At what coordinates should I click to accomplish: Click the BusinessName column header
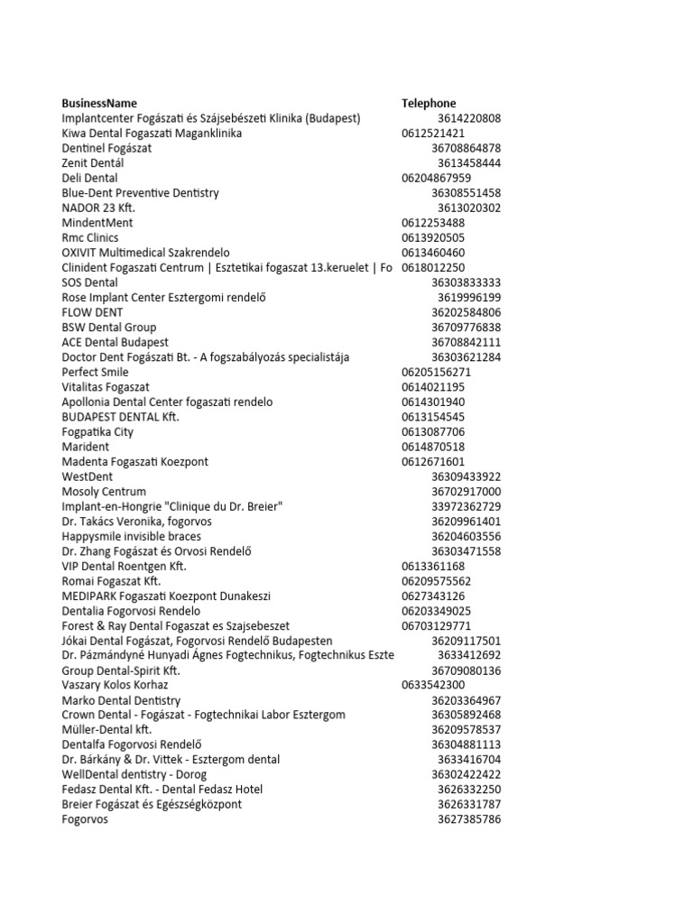(99, 103)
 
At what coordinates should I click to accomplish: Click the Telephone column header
(429, 103)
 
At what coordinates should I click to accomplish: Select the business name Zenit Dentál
(93, 162)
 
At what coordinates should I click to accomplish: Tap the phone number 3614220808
(469, 118)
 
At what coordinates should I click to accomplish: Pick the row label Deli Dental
(90, 178)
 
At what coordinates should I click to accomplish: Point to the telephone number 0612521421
(434, 133)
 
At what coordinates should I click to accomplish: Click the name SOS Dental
(90, 282)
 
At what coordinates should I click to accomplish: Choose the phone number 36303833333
(467, 282)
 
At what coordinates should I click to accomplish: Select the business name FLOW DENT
(92, 312)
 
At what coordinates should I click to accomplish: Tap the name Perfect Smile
(95, 372)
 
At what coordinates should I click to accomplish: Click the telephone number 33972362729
(467, 506)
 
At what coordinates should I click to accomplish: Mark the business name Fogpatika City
(97, 431)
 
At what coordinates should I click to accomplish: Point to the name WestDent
(87, 476)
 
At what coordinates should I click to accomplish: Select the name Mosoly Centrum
(104, 491)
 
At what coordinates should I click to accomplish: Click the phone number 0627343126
(434, 596)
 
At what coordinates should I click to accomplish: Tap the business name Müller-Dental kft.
(107, 730)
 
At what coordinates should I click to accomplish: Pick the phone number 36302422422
(467, 774)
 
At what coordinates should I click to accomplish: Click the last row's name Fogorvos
(85, 819)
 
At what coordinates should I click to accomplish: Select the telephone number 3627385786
(469, 819)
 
